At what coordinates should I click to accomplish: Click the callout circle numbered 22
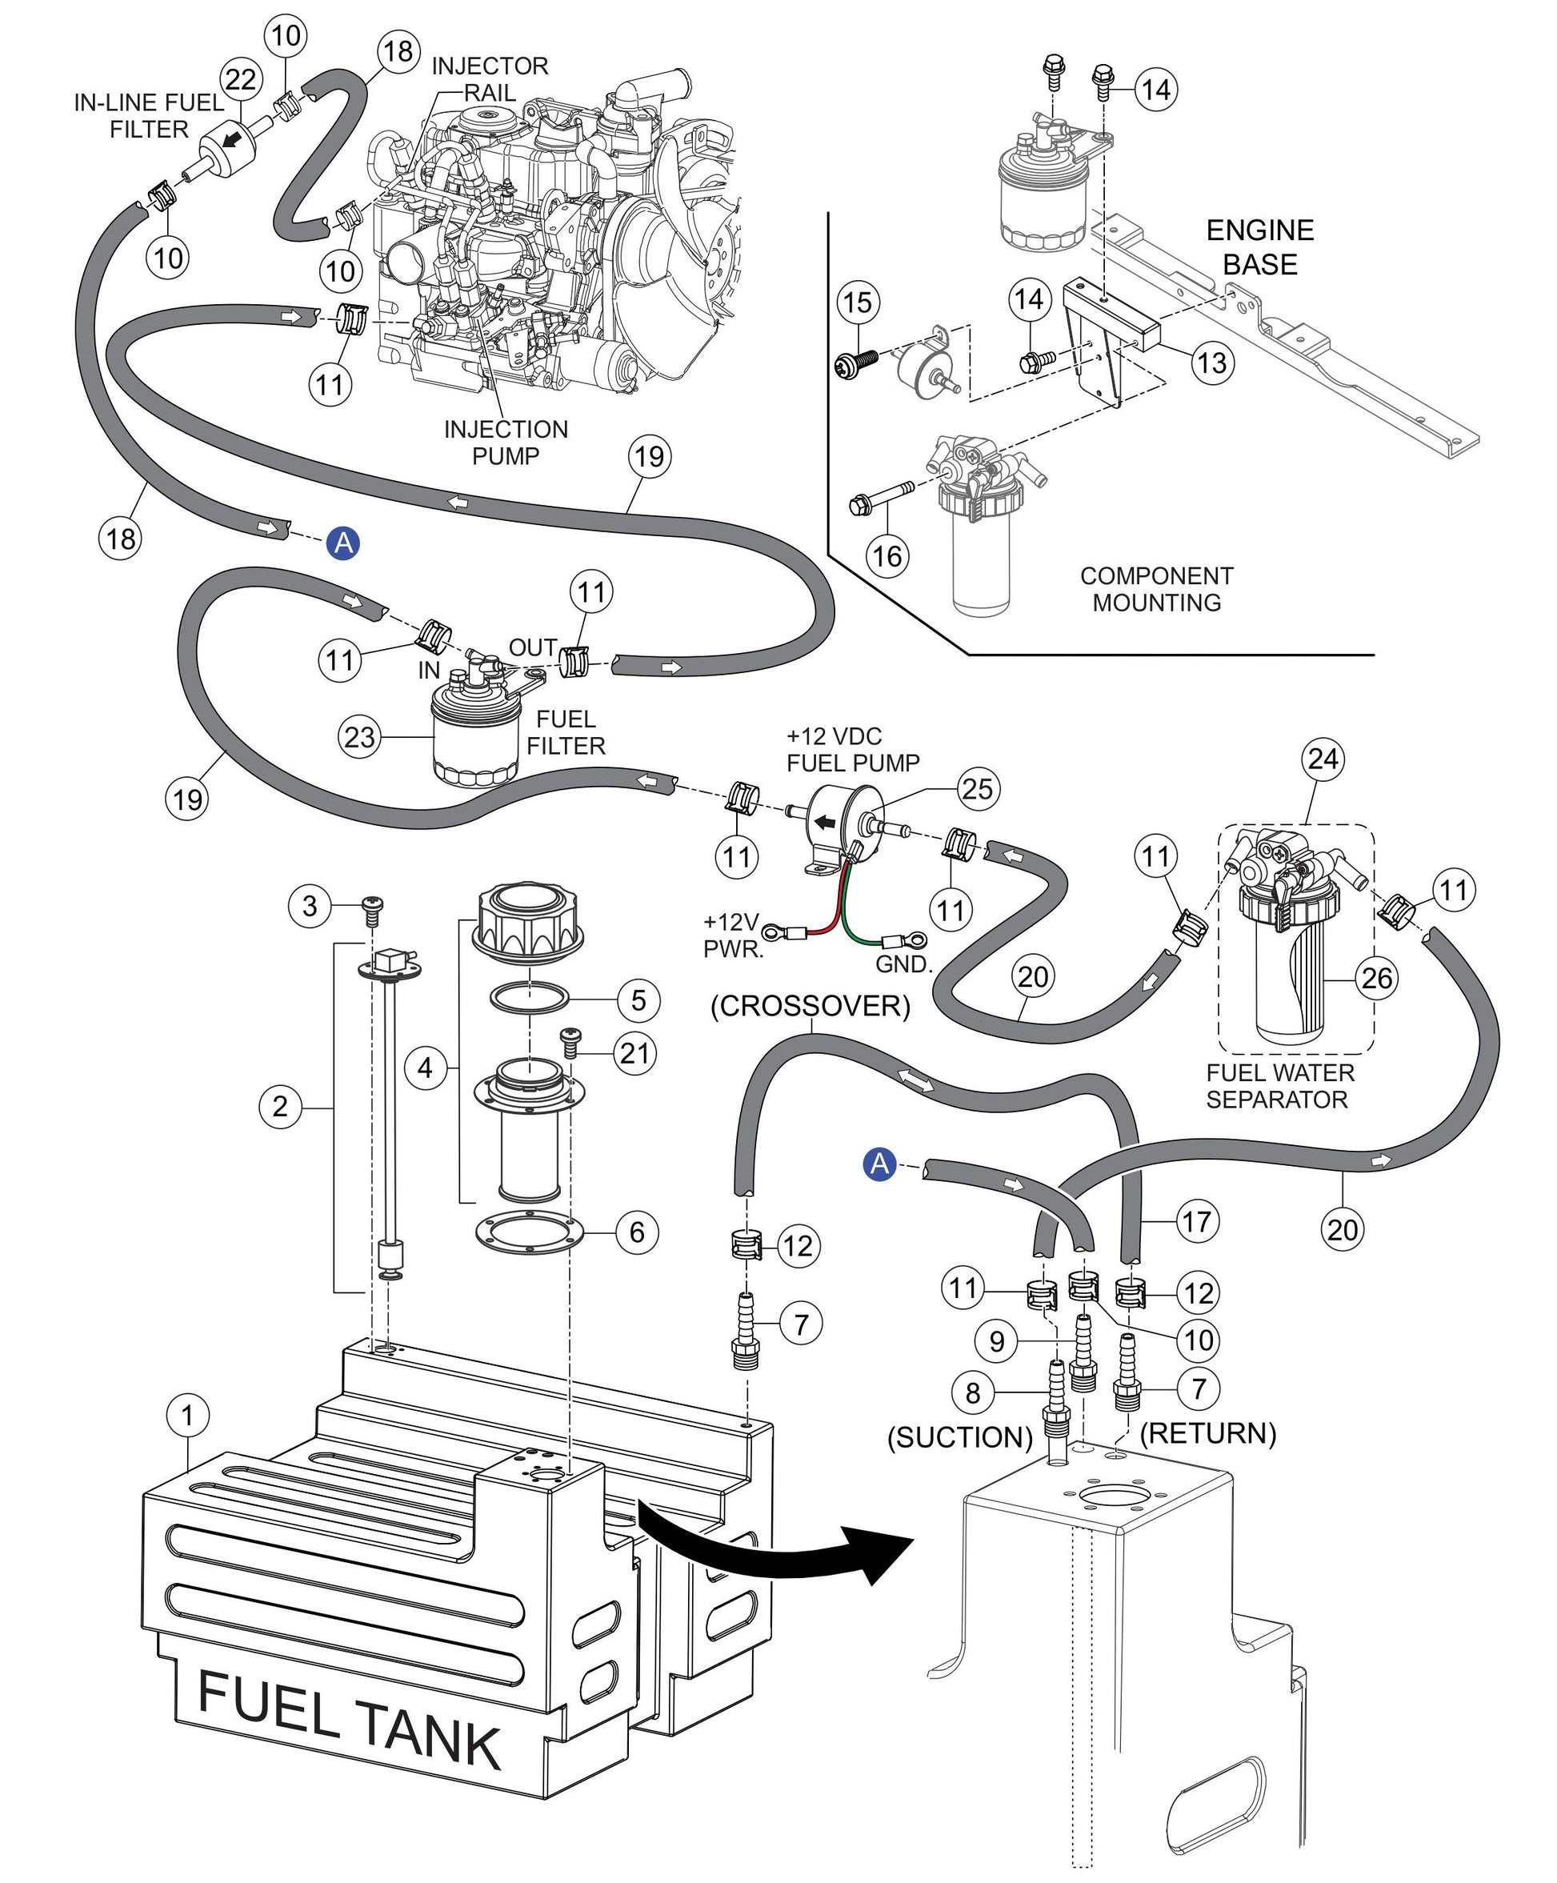[241, 80]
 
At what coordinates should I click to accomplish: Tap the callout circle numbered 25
[977, 788]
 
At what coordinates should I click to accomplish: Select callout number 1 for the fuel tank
[187, 1415]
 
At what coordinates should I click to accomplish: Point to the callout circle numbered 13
[1212, 363]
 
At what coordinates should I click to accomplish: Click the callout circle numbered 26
[1377, 976]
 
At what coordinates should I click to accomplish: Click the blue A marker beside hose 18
[343, 543]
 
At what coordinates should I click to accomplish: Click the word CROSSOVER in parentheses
[811, 1005]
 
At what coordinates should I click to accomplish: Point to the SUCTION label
[960, 1437]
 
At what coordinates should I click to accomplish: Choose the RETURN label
[1207, 1433]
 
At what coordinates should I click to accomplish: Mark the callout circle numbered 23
[359, 737]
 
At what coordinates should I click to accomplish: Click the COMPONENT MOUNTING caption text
[1156, 589]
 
